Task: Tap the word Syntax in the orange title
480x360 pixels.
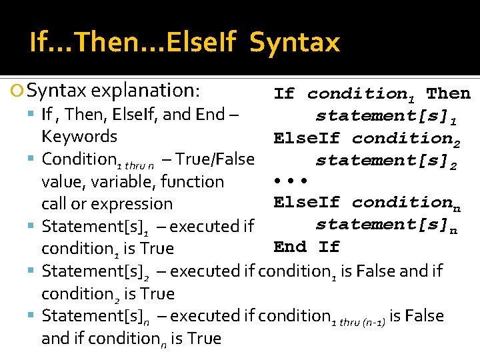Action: [295, 43]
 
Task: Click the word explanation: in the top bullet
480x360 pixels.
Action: [147, 89]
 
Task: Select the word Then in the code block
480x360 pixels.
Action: [448, 93]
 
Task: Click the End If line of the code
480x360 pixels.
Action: [306, 247]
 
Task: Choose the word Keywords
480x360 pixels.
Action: [79, 137]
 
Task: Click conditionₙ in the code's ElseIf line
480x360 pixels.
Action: [406, 203]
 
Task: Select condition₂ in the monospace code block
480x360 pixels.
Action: [406, 139]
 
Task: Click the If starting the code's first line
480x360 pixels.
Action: [284, 93]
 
